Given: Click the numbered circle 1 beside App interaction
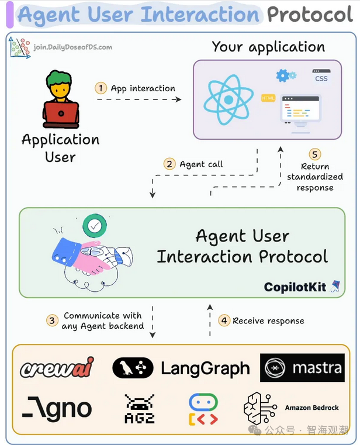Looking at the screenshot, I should [101, 88].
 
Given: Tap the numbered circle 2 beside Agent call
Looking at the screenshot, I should [169, 164].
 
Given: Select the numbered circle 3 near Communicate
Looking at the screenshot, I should [53, 320].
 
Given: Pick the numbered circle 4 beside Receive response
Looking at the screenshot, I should [224, 320].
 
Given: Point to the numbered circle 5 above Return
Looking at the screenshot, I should [316, 154].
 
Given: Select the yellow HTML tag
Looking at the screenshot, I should [269, 98].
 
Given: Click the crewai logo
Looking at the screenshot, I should [57, 367].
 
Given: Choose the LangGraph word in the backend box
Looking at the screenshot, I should [205, 368].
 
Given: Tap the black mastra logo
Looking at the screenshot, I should [302, 368].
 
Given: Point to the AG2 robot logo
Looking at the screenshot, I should [140, 408].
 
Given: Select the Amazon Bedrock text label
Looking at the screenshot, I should [311, 408].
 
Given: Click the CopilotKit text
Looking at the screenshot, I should [295, 287].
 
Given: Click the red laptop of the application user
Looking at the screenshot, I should [61, 113].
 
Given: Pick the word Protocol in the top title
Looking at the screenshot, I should [309, 14].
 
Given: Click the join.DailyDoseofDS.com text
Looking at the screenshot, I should [72, 47].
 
